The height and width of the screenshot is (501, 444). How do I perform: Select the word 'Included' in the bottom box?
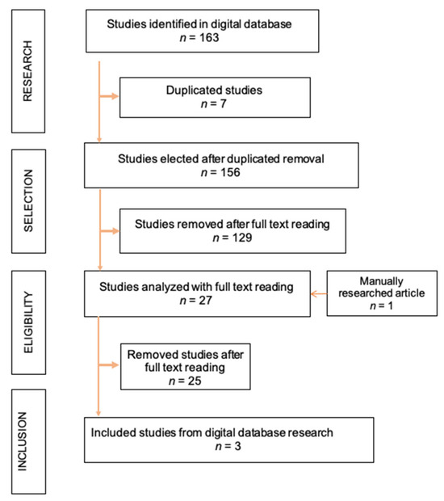coord(117,432)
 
